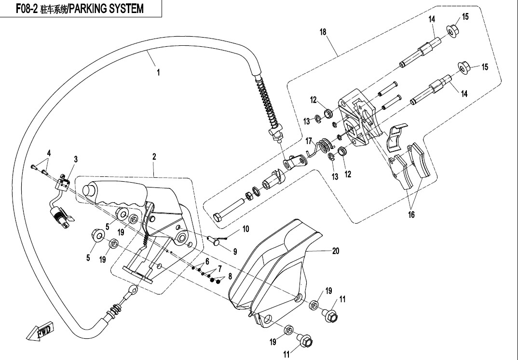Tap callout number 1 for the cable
[158, 73]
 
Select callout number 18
[323, 32]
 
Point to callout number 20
[336, 251]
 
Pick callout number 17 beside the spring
[309, 141]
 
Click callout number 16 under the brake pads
[411, 215]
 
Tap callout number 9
[235, 251]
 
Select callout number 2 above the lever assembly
[154, 157]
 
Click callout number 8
[230, 276]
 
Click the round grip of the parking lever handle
[89, 190]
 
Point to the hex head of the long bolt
[218, 219]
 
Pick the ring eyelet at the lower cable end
[132, 290]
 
